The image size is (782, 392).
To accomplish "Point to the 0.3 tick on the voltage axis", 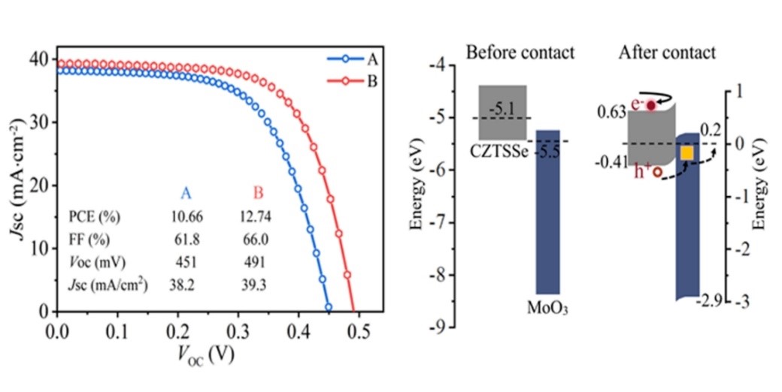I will pos(238,330).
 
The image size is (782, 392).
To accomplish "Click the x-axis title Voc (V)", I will pos(208,354).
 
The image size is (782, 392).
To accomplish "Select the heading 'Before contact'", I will pos(520,53).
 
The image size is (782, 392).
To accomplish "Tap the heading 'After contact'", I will pos(667,53).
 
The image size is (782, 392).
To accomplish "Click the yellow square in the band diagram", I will pos(687,153).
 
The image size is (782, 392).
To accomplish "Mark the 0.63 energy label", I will pos(611,113).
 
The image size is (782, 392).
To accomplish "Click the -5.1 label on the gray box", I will pos(502,110).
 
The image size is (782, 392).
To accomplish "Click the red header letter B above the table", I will pos(258,194).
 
